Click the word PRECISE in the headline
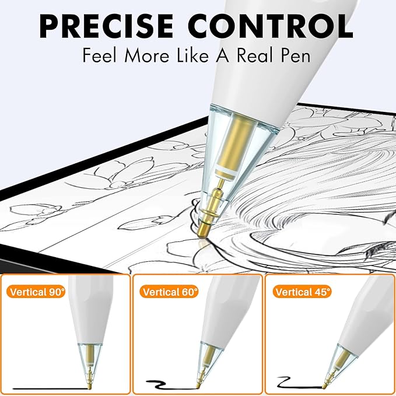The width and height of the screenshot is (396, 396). pyautogui.click(x=106, y=26)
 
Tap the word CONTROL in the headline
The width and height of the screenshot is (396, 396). pyautogui.click(x=271, y=26)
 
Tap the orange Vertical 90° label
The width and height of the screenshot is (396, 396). pyautogui.click(x=36, y=292)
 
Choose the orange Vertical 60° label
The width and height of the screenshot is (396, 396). pyautogui.click(x=169, y=292)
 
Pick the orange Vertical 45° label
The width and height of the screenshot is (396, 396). pyautogui.click(x=302, y=292)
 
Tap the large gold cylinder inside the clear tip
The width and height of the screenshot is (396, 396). pyautogui.click(x=234, y=143)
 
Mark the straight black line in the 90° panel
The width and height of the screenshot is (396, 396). pyautogui.click(x=51, y=388)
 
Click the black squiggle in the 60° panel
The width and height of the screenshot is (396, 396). pyautogui.click(x=171, y=385)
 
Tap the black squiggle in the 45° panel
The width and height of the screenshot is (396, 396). pyautogui.click(x=299, y=383)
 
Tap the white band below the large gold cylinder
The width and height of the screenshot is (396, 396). pyautogui.click(x=227, y=172)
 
